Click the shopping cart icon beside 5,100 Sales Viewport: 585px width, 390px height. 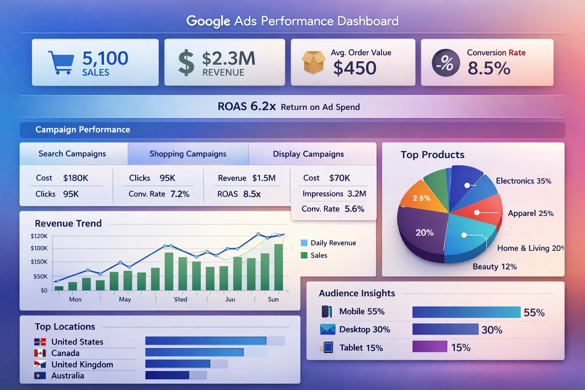pyautogui.click(x=61, y=62)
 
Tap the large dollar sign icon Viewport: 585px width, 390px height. pyautogui.click(x=186, y=63)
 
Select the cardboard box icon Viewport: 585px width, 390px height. pyautogui.click(x=313, y=62)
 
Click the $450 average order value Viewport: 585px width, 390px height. pyautogui.click(x=355, y=68)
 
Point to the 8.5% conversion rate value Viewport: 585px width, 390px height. pyautogui.click(x=489, y=69)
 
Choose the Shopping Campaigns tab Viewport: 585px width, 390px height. pyautogui.click(x=188, y=154)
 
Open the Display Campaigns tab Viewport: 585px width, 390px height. pyautogui.click(x=308, y=154)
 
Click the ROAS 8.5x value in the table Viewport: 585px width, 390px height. pyautogui.click(x=252, y=194)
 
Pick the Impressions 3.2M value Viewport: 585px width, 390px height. pyautogui.click(x=356, y=194)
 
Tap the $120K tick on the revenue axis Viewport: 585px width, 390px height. pyautogui.click(x=39, y=236)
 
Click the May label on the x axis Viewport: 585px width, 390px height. pyautogui.click(x=125, y=299)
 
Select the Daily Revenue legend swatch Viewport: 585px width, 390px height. pyautogui.click(x=304, y=243)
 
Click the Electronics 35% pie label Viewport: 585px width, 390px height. pyautogui.click(x=523, y=181)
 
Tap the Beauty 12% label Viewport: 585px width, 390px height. pyautogui.click(x=494, y=267)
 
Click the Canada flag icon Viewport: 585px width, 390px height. pyautogui.click(x=40, y=353)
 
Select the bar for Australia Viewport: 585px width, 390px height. pyautogui.click(x=167, y=376)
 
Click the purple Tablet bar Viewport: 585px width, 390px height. pyautogui.click(x=430, y=347)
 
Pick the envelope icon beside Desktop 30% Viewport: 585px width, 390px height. pyautogui.click(x=328, y=329)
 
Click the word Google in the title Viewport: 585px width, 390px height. pyautogui.click(x=208, y=21)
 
